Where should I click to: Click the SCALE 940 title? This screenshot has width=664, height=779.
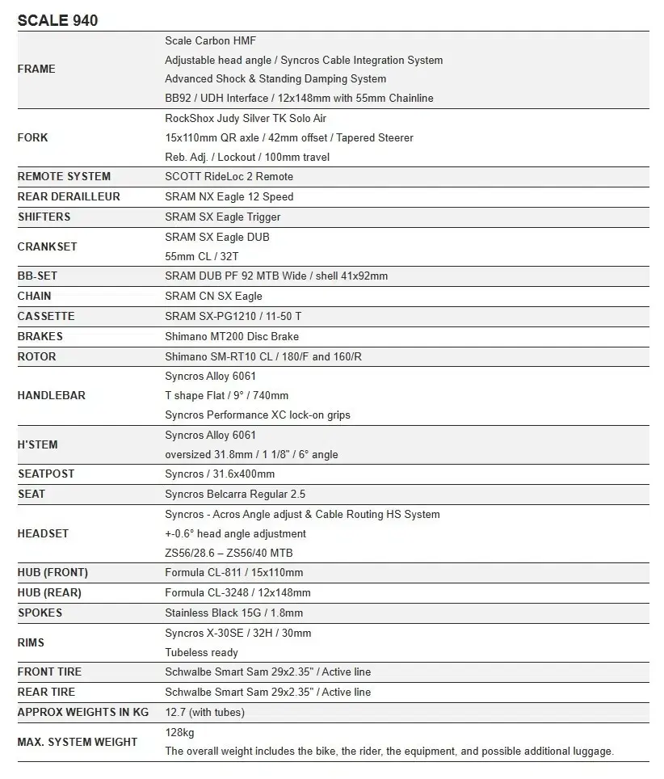tap(57, 20)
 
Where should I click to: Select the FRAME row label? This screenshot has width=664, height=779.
tap(36, 69)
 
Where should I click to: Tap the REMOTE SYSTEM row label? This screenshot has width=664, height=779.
tap(64, 177)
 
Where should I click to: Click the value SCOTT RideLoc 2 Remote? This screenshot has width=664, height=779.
tap(229, 177)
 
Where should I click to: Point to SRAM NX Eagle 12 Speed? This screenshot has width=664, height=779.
tap(229, 197)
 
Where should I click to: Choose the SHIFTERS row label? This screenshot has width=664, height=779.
tap(44, 217)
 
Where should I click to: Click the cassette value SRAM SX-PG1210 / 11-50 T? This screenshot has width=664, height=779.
tap(233, 317)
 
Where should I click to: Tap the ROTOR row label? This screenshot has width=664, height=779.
tap(37, 357)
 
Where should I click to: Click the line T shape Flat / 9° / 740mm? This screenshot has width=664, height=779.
tap(226, 396)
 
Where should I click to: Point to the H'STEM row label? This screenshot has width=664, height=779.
tap(38, 445)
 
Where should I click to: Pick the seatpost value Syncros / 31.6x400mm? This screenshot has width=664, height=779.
tap(220, 474)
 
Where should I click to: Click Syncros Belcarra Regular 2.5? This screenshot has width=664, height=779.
tap(235, 495)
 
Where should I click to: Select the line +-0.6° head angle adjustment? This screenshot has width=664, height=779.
tap(235, 534)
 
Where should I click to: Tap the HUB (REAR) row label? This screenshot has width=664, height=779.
tap(49, 593)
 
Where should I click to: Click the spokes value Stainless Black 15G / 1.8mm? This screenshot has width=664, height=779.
tap(233, 613)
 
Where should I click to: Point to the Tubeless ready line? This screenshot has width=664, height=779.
tap(201, 653)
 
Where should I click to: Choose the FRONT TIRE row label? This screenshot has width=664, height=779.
tap(49, 672)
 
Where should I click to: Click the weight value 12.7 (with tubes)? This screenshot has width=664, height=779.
tap(204, 713)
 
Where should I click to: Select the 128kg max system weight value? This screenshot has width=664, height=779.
tap(179, 733)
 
